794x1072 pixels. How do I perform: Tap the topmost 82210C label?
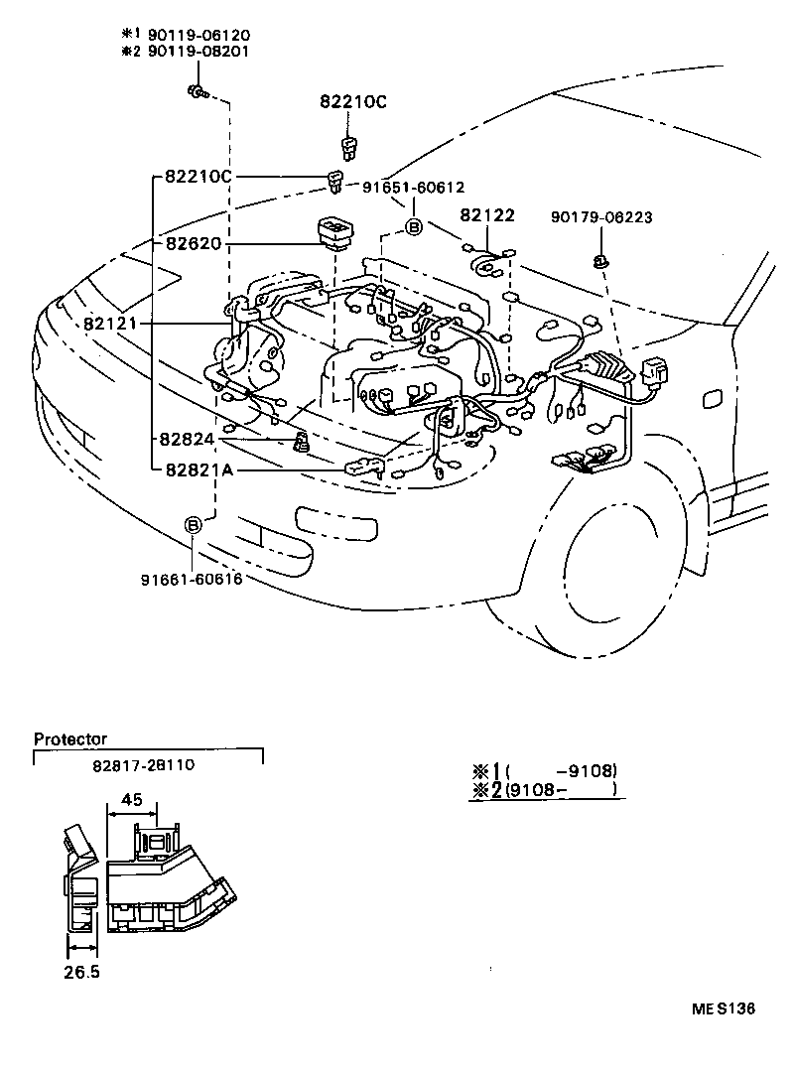tap(352, 102)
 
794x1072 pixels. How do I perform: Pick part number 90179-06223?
tap(602, 217)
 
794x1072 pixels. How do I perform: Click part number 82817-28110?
tap(146, 766)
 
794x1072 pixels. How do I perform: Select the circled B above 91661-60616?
tap(194, 525)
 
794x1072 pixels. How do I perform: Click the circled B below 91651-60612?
tap(414, 227)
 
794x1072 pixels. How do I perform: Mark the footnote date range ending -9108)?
tap(561, 771)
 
